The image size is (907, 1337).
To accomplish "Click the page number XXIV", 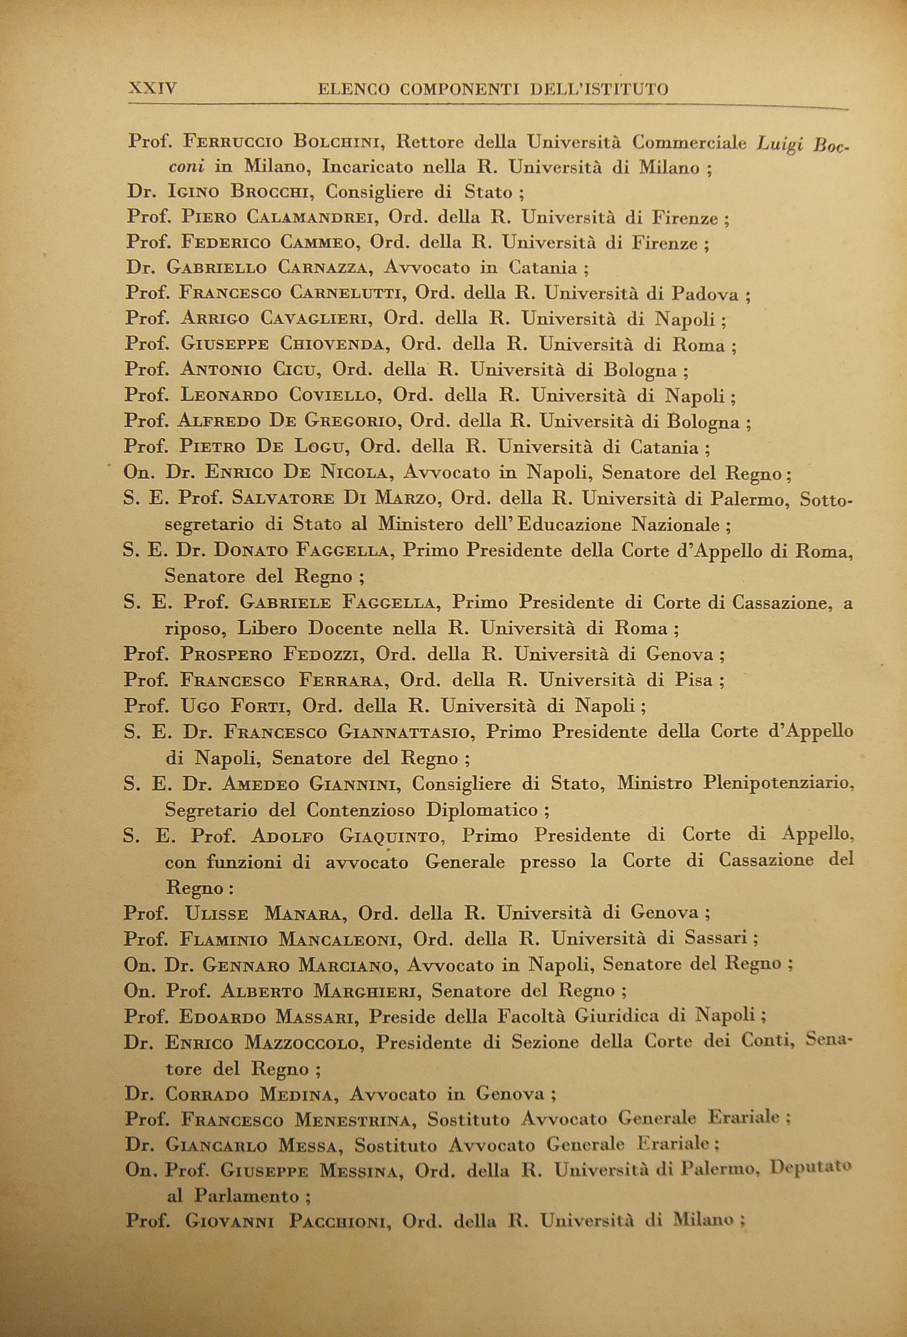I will click(x=153, y=89).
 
